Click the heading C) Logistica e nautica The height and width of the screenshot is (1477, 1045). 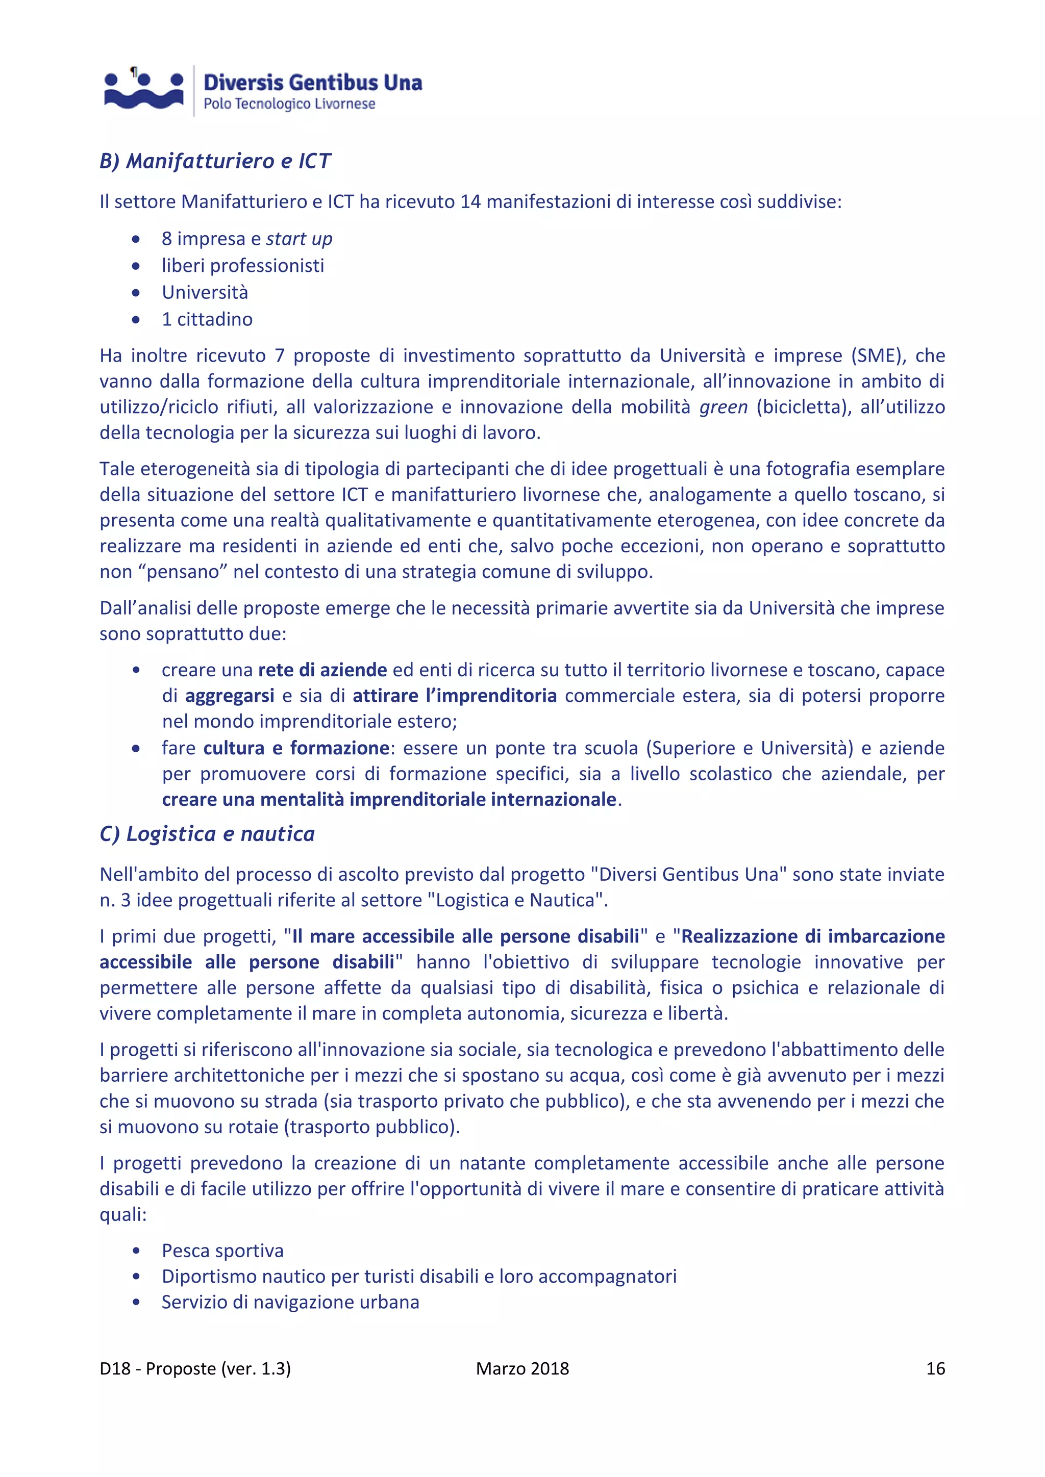click(207, 834)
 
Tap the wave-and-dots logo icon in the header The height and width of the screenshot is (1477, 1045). click(144, 91)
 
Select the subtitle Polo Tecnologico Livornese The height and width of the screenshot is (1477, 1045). click(289, 104)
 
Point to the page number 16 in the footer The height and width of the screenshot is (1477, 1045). click(935, 1368)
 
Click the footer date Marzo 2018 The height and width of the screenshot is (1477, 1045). click(522, 1368)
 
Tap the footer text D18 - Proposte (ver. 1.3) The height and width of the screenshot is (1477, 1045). click(195, 1368)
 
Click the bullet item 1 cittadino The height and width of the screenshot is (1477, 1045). click(207, 319)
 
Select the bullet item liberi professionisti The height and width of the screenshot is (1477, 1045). click(242, 265)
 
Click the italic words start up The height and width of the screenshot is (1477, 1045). click(299, 239)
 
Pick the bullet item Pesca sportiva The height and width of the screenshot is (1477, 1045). click(222, 1251)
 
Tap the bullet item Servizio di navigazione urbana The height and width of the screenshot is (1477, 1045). click(290, 1302)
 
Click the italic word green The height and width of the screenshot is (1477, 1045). click(723, 407)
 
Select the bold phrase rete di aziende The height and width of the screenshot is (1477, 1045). click(322, 670)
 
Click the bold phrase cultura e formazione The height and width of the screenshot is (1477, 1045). click(296, 748)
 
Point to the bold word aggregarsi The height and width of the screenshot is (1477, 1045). click(230, 696)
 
